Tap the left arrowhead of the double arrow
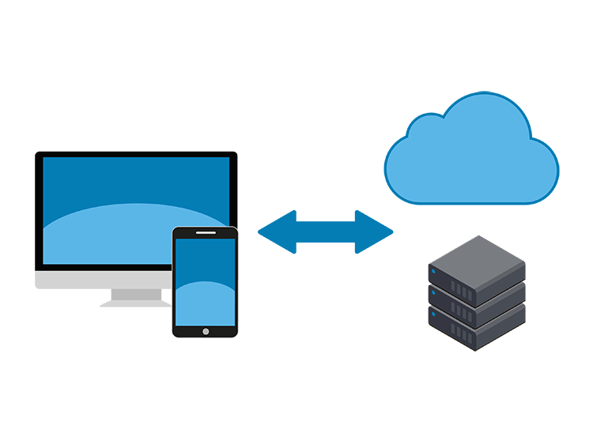(275, 232)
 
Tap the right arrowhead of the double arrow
(376, 232)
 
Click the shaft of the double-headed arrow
(325, 232)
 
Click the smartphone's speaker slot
(205, 232)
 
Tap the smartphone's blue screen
(205, 269)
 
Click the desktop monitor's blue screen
(119, 182)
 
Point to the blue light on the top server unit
(433, 273)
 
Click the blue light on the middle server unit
(433, 295)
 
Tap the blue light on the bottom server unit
(433, 317)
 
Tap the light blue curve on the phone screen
(205, 304)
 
